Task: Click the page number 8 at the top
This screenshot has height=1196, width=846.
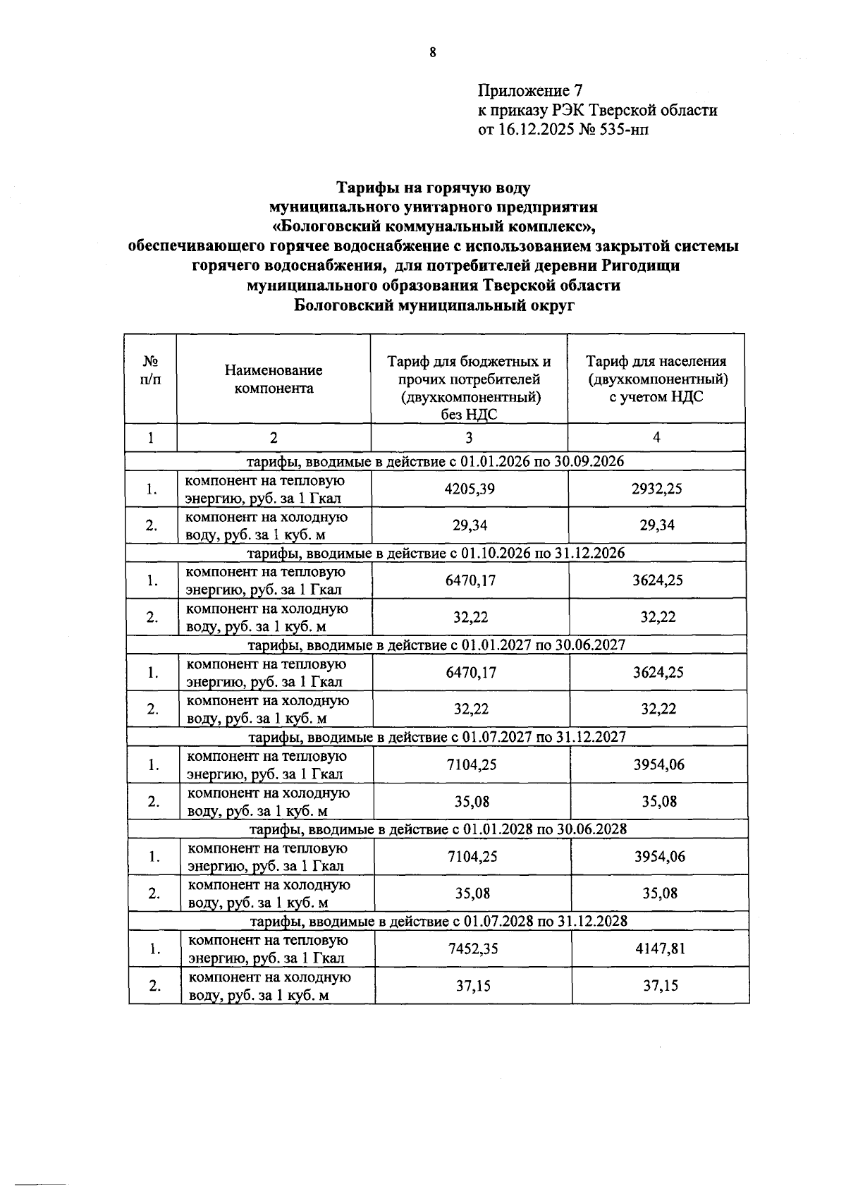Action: pyautogui.click(x=432, y=51)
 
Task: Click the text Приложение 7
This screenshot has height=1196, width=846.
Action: pyautogui.click(x=530, y=91)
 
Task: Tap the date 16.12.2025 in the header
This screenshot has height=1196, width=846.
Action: pyautogui.click(x=535, y=130)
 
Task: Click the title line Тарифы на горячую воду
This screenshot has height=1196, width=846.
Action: pyautogui.click(x=432, y=188)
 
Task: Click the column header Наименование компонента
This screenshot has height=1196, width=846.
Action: pyautogui.click(x=274, y=379)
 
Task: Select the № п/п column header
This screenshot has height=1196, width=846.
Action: pyautogui.click(x=150, y=370)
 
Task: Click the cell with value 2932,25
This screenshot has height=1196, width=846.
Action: pyautogui.click(x=656, y=489)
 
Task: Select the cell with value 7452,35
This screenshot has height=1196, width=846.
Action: pyautogui.click(x=473, y=948)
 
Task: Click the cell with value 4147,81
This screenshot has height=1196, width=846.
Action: pyautogui.click(x=660, y=948)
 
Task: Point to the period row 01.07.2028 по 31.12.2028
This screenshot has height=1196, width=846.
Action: pyautogui.click(x=438, y=921)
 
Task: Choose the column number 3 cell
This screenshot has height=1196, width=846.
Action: pyautogui.click(x=469, y=437)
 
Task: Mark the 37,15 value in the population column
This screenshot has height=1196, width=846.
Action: pyautogui.click(x=660, y=985)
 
